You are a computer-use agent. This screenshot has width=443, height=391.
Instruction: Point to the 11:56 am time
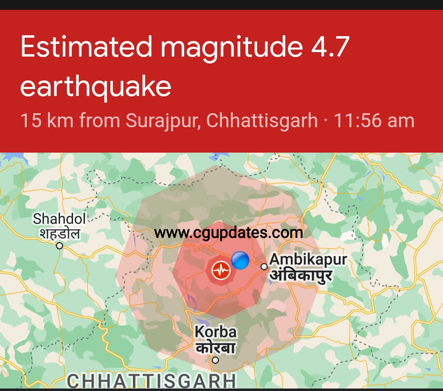[374, 121]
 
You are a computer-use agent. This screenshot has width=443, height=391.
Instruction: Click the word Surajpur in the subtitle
[163, 121]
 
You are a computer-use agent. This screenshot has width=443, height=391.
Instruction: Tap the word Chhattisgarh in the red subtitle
[262, 121]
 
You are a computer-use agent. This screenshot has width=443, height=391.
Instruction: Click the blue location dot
[240, 260]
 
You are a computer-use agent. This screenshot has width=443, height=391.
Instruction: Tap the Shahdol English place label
[59, 219]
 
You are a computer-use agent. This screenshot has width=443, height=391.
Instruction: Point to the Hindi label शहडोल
[59, 233]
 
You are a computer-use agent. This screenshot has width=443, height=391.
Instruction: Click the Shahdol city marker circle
[59, 246]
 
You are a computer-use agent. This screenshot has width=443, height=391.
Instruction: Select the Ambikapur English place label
[308, 260]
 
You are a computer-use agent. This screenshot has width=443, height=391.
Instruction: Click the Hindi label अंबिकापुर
[301, 275]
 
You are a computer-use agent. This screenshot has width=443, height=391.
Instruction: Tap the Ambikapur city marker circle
[264, 267]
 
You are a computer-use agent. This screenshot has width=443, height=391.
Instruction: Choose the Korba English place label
[215, 332]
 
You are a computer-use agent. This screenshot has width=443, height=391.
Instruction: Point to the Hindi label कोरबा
[215, 348]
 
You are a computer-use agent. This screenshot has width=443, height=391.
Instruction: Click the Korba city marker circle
[215, 361]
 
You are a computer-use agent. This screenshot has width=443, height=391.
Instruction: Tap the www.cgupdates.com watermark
[228, 233]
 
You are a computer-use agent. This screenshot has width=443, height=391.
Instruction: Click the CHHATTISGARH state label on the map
[152, 381]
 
